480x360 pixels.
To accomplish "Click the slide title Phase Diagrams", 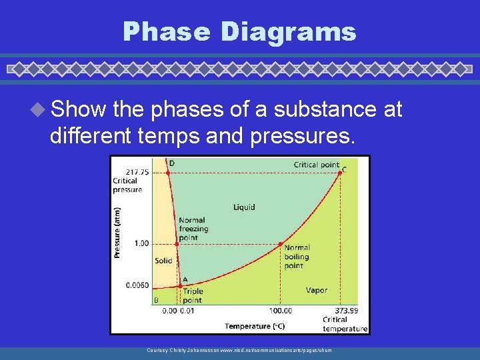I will coord(239,31).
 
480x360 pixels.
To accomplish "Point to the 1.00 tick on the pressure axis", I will coord(141,243).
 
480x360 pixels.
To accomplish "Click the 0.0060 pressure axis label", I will coord(137,285).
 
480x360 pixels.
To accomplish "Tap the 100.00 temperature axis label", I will coord(280,311).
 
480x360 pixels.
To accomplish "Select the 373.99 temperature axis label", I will coord(345,311).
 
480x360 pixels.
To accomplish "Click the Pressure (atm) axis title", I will coord(117,231).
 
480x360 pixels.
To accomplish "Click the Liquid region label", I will coord(244,207).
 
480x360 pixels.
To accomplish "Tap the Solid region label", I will coord(163,261).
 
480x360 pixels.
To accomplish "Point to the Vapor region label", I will coord(316,290).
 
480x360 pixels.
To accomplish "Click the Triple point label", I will coord(193,295).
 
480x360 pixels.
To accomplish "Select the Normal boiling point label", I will coord(297,257).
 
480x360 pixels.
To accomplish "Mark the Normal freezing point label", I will coord(193,229).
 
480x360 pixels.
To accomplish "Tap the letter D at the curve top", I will coord(171,163).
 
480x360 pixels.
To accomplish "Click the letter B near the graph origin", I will coord(157,300).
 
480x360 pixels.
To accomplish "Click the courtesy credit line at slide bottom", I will coord(239,350).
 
